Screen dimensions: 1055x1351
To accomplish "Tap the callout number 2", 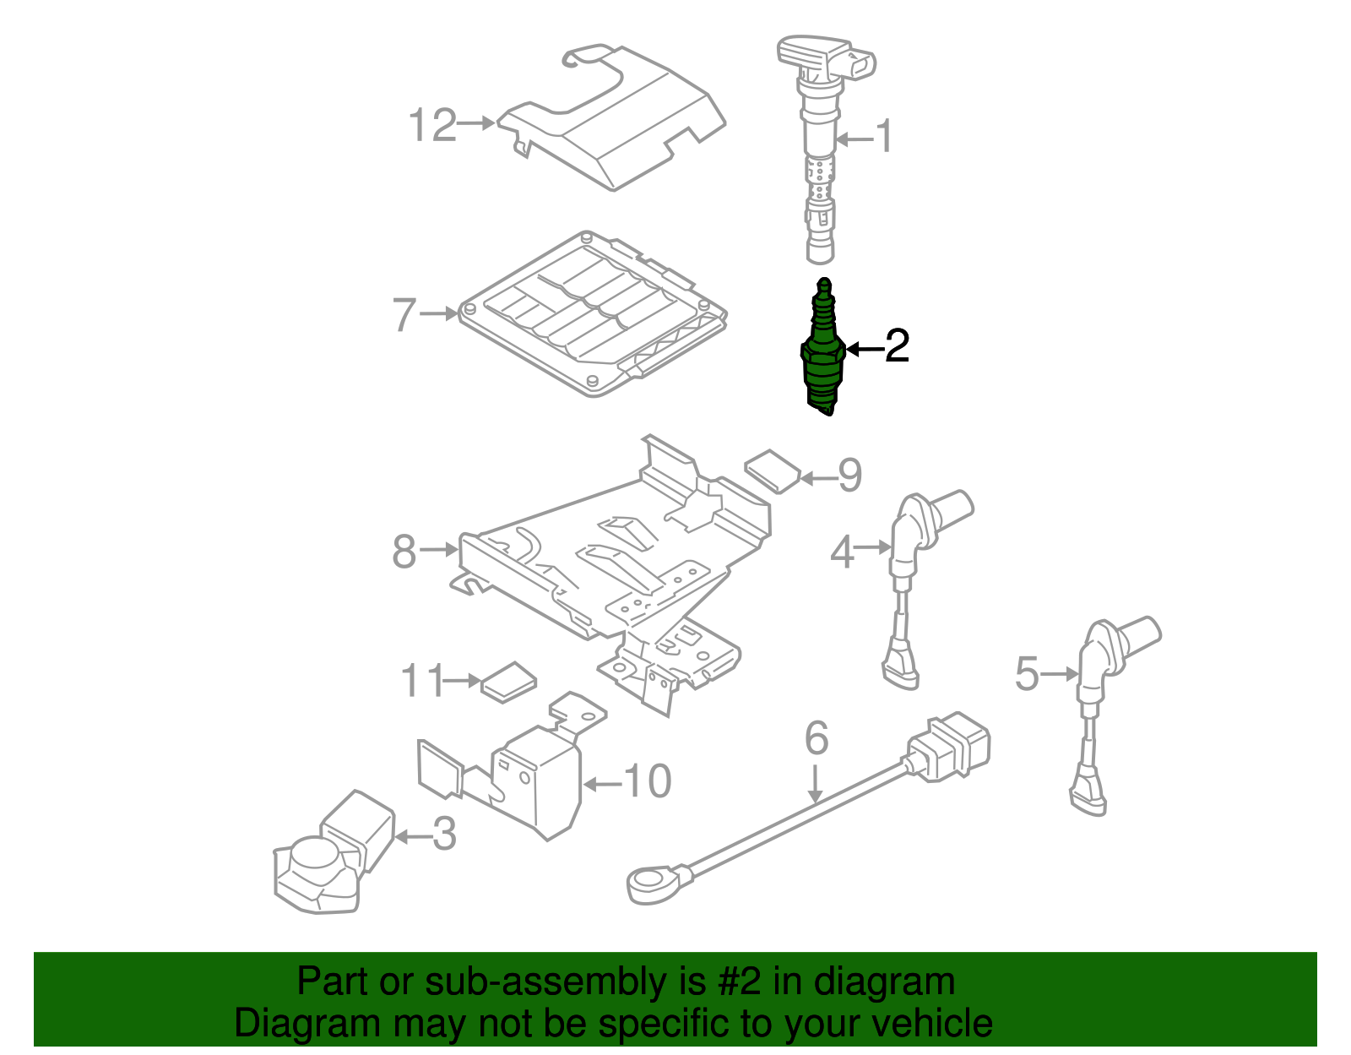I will point(896,346).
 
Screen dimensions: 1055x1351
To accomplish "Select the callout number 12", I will point(432,126).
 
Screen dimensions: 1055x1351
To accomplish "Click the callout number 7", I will point(404,315).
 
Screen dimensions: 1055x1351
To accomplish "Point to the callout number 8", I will point(404,552).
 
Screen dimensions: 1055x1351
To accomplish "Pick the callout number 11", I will point(420,681).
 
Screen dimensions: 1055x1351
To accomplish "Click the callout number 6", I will point(816,738).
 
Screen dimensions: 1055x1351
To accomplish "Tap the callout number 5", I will point(1026,674).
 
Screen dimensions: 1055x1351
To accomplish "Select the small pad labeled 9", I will point(772,470).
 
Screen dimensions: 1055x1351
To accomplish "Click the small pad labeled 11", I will point(508,682).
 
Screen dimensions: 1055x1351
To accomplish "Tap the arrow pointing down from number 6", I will point(815,784).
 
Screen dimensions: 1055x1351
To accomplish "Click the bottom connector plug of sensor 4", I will point(900,667).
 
